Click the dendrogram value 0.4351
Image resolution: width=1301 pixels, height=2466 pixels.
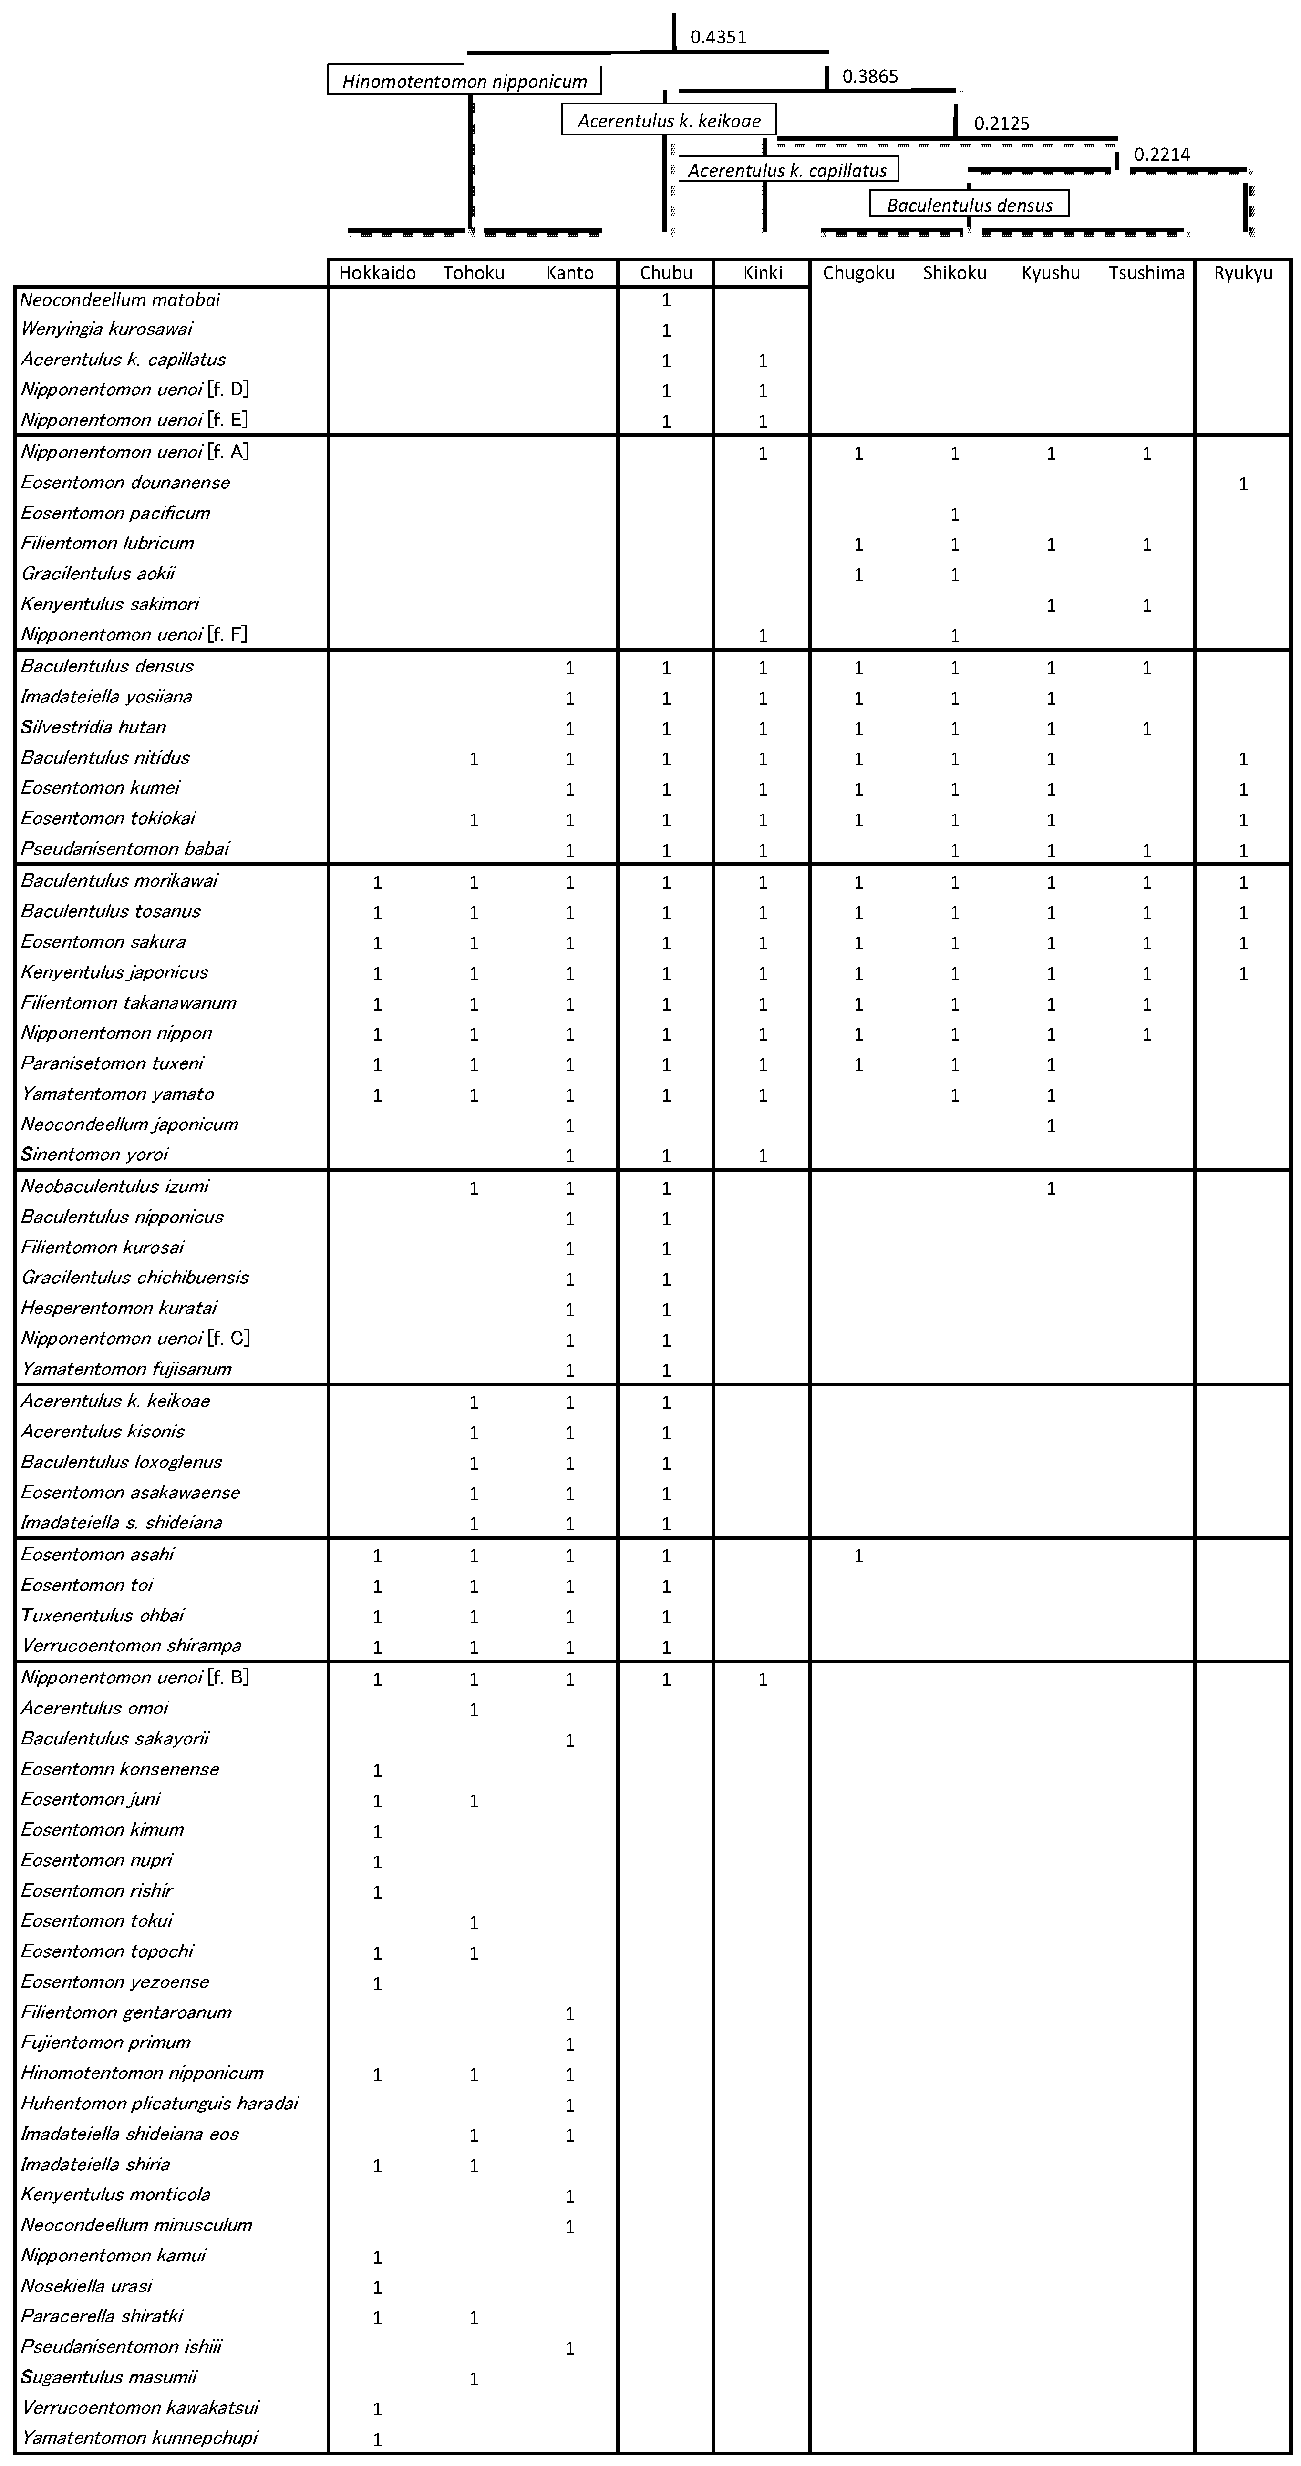718,37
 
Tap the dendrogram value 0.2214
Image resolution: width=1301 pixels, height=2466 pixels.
1161,154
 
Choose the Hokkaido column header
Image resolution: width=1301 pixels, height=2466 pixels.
377,273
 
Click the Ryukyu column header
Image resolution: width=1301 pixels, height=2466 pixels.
1243,273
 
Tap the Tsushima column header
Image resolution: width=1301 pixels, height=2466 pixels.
1146,273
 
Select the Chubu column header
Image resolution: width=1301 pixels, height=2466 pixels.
666,273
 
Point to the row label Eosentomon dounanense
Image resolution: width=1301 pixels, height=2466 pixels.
125,483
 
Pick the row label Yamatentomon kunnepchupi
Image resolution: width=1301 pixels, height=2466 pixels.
140,2437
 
